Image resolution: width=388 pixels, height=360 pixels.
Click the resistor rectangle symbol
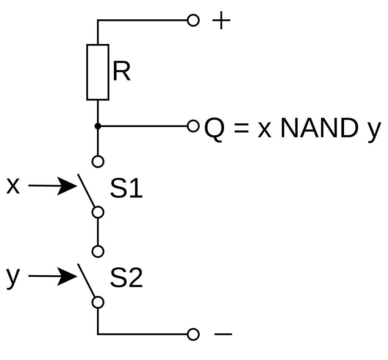(x=98, y=72)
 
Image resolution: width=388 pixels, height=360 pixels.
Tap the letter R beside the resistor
(x=121, y=72)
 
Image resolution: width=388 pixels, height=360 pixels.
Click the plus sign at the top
(x=221, y=21)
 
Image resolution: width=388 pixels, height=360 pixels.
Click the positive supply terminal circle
(x=193, y=20)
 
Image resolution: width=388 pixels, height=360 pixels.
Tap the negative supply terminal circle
(x=193, y=334)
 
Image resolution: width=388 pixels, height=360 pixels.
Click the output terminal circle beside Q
(x=193, y=126)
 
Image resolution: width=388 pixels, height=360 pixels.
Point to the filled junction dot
(x=98, y=126)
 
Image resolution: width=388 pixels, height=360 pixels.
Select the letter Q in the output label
(x=214, y=129)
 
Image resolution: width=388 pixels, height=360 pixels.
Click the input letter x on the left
(x=13, y=186)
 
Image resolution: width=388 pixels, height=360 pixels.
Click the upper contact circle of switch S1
(x=98, y=162)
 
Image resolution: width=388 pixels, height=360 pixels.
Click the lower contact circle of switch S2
(x=98, y=302)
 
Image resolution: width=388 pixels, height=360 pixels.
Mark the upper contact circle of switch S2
(x=98, y=251)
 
